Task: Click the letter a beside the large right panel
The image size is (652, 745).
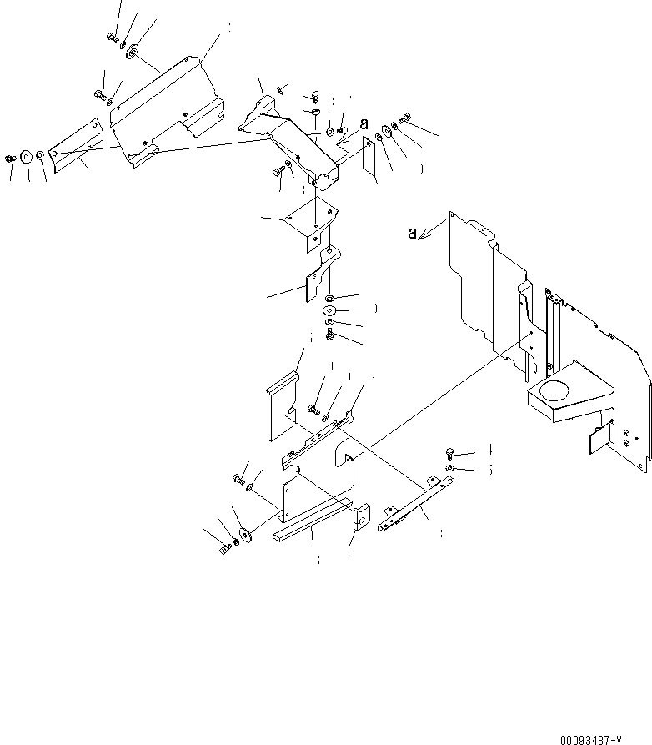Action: (413, 234)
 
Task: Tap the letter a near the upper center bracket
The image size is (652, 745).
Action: (364, 124)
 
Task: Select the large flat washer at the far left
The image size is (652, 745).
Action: (24, 155)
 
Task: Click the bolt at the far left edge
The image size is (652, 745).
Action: (10, 158)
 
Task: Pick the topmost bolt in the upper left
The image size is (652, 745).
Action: (111, 36)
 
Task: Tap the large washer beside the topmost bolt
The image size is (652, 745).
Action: (133, 54)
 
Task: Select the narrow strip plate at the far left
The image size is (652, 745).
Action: (74, 145)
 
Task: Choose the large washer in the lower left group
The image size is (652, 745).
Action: (245, 532)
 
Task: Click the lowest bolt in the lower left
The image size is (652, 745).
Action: (224, 549)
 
